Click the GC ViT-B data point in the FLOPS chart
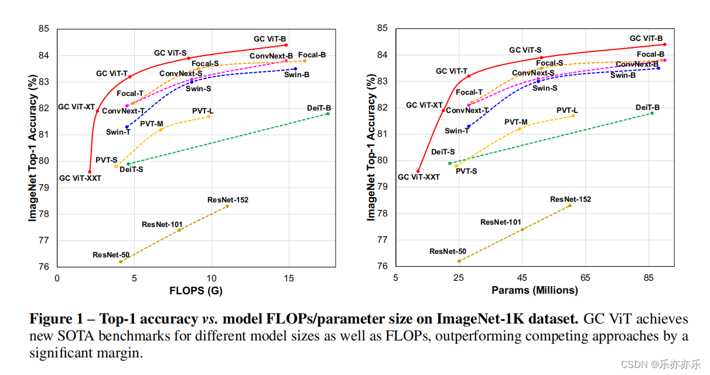(x=286, y=45)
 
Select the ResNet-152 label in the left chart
(x=228, y=200)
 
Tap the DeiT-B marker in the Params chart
(x=652, y=113)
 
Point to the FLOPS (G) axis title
(x=196, y=291)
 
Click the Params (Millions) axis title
(x=534, y=290)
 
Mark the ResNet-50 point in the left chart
(x=121, y=262)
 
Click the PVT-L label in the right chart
(x=567, y=111)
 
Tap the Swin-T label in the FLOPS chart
(x=118, y=132)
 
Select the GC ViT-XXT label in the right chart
(x=419, y=177)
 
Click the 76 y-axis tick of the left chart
(x=44, y=267)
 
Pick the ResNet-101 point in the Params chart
(x=522, y=229)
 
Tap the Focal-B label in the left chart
(x=312, y=55)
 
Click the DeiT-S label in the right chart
(x=443, y=152)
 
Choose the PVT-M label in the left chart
(x=152, y=124)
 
